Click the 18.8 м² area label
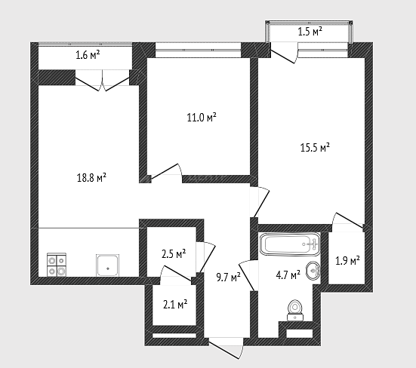(x=91, y=177)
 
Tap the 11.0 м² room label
(x=202, y=117)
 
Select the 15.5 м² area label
(x=315, y=147)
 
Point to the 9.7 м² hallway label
(x=229, y=278)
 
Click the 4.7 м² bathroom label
(x=288, y=275)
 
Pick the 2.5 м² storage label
(x=174, y=254)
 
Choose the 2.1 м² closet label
(x=175, y=305)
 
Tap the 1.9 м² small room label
(x=347, y=261)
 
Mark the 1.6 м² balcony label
(x=88, y=55)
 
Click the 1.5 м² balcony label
(x=310, y=32)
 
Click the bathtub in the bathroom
(x=290, y=244)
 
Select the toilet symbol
(x=294, y=310)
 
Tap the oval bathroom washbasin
(x=313, y=271)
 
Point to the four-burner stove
(x=57, y=265)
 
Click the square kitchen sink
(x=107, y=265)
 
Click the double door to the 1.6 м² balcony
(x=103, y=81)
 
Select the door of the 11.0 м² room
(x=166, y=173)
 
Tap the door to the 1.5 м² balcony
(x=284, y=54)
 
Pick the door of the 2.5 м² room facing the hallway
(x=205, y=257)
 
